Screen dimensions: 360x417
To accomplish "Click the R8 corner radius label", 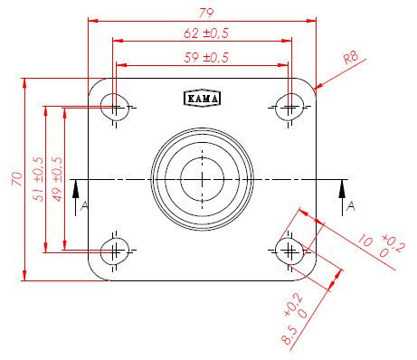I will [353, 62].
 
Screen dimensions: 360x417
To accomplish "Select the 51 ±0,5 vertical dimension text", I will [38, 178].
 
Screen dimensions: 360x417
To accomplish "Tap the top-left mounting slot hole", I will [114, 107].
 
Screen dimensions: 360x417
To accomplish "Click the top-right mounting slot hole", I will [289, 107].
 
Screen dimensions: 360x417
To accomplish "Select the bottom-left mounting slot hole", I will [114, 249].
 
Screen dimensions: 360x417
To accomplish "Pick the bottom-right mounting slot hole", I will [289, 249].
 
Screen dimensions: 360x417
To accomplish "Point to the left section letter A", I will [84, 207].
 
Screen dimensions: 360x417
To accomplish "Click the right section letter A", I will [351, 207].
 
